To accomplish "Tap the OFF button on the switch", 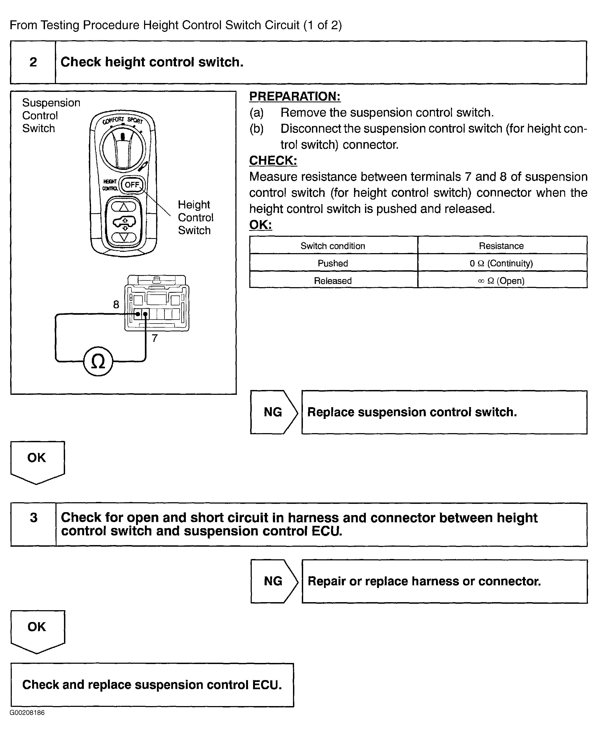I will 132,185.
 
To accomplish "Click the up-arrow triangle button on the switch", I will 124,207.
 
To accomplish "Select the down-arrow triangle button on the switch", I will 124,237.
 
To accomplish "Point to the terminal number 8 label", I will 116,305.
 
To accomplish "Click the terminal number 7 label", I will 155,338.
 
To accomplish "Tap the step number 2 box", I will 33,62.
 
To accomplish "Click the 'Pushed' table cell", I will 333,263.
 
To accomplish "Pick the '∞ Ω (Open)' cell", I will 501,281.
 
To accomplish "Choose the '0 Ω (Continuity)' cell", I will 501,263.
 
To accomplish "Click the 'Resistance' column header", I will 501,246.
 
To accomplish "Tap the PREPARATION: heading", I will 295,96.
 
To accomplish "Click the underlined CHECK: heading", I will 273,160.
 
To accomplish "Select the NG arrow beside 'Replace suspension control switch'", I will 273,412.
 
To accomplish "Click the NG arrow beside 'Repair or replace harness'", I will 273,581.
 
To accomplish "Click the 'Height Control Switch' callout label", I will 195,217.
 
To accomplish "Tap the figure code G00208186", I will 27,712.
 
